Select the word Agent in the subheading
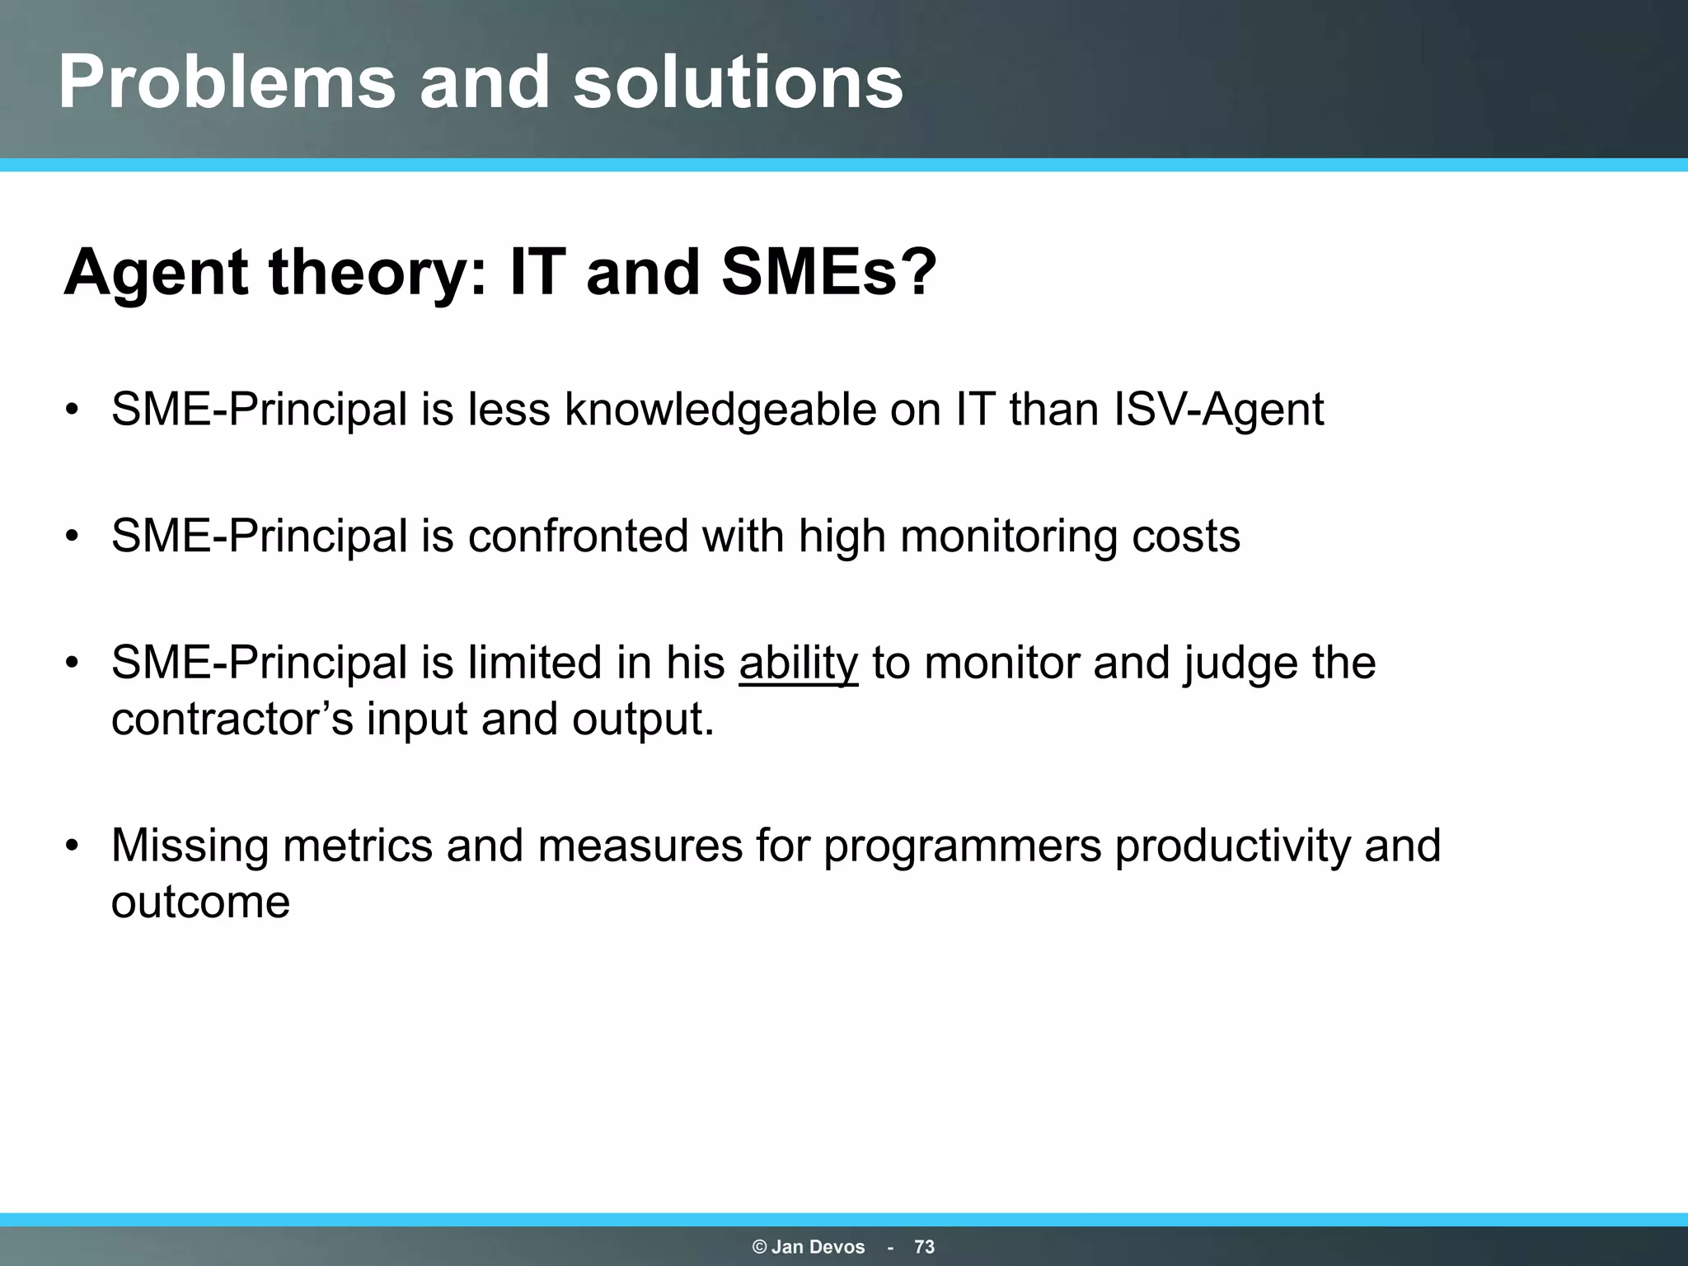155,273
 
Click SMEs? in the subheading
829,273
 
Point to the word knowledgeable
720,410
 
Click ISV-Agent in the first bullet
1218,410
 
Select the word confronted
577,537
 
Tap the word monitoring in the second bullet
1008,537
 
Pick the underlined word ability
798,663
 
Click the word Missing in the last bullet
190,846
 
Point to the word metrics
357,846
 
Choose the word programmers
962,846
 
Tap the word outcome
200,903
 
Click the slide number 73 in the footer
924,1247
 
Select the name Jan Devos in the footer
818,1247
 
